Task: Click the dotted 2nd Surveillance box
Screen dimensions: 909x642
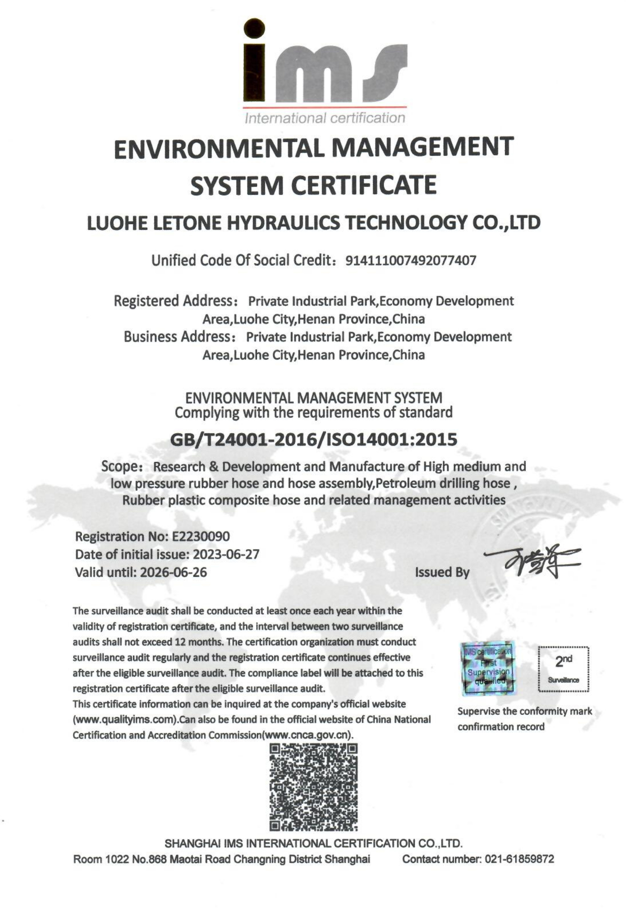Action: [563, 669]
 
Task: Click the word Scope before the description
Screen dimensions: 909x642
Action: [119, 466]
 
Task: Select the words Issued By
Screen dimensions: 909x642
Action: [442, 572]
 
